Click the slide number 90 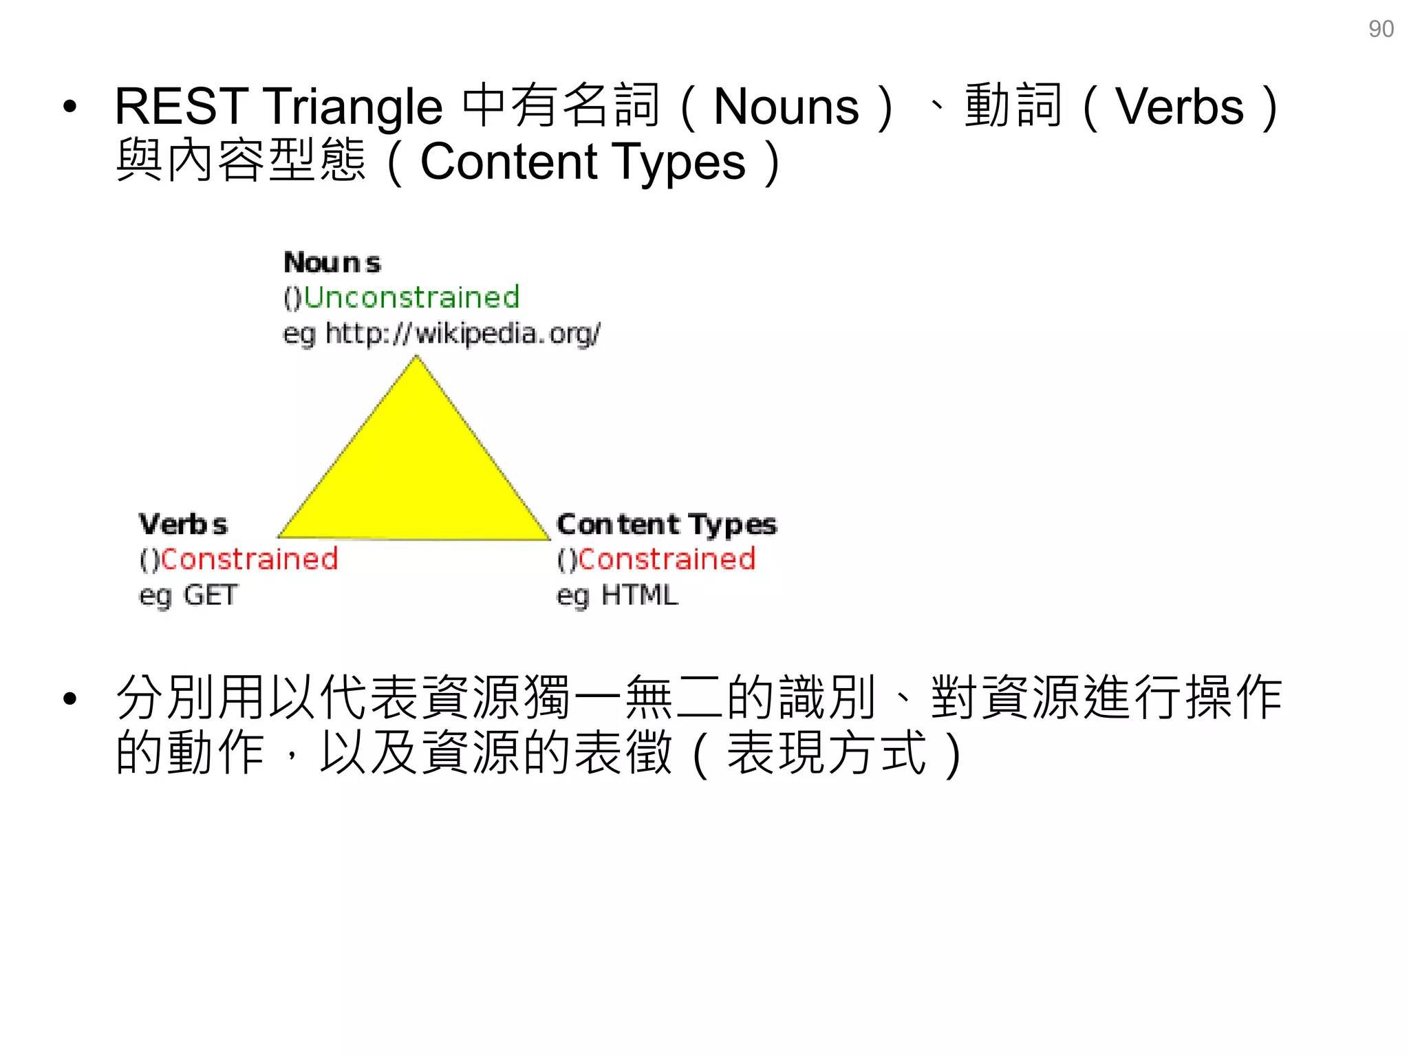coord(1381,29)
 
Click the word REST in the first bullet coord(181,107)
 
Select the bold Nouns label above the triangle coord(332,262)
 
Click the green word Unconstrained coord(411,297)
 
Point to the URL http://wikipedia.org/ coord(462,333)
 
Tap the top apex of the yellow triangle coord(416,359)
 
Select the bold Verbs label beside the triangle coord(183,524)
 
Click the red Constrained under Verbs coord(249,559)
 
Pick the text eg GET coord(189,595)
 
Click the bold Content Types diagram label coord(667,524)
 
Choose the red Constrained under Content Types coord(667,559)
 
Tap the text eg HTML coord(617,595)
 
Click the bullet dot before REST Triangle coord(69,107)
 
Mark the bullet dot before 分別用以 coord(69,699)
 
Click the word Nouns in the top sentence coord(786,107)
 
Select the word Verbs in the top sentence coord(1179,107)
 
